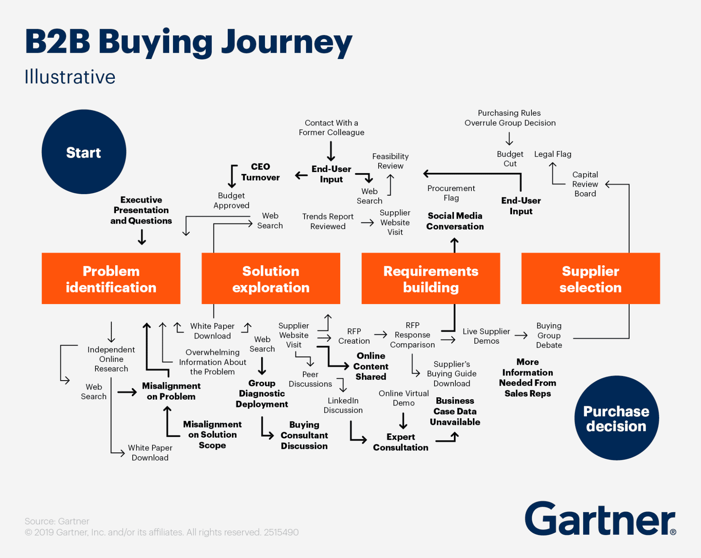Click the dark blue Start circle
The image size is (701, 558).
tap(84, 152)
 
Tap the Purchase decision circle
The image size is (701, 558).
tap(616, 418)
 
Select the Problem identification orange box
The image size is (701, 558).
tap(111, 278)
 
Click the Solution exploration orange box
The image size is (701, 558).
tap(271, 278)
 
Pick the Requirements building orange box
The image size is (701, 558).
tap(431, 278)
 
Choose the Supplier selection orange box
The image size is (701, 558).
tap(590, 278)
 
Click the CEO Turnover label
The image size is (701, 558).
tap(260, 172)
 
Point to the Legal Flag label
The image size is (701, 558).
tap(552, 154)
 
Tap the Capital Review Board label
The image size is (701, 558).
tap(585, 184)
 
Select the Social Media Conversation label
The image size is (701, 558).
tap(455, 221)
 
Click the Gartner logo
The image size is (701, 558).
tap(600, 519)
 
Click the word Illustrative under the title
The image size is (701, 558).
tap(70, 77)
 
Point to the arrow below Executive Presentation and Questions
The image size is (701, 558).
tap(142, 237)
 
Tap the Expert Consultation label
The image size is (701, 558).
tap(400, 442)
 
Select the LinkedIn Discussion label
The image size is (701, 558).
tap(343, 405)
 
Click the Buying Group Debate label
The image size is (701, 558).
tap(549, 335)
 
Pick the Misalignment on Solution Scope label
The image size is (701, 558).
tap(212, 435)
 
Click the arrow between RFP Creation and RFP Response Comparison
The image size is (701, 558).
tap(381, 334)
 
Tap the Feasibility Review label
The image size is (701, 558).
tap(390, 161)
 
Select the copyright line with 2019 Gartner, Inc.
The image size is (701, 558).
tap(161, 532)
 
